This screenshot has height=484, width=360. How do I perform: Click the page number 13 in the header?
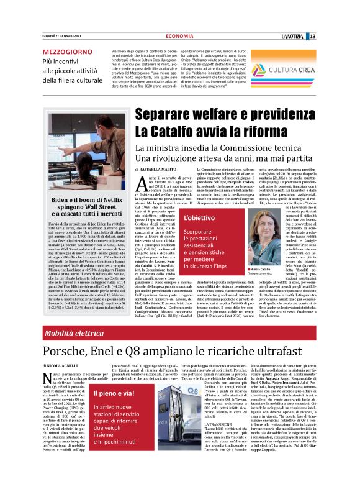click(x=349, y=19)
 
